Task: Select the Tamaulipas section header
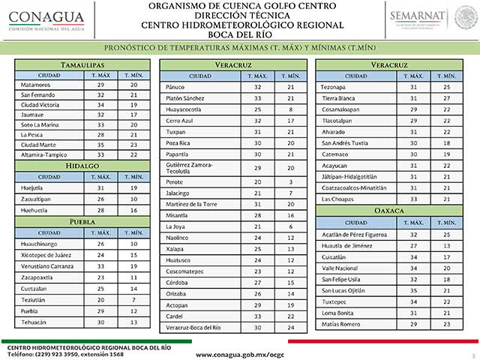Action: pos(82,65)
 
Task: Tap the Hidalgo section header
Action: pos(82,164)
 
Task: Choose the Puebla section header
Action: pos(82,222)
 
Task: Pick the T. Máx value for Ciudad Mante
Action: pos(100,144)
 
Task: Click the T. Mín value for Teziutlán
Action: pos(133,300)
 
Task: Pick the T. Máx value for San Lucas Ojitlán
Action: pos(412,290)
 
